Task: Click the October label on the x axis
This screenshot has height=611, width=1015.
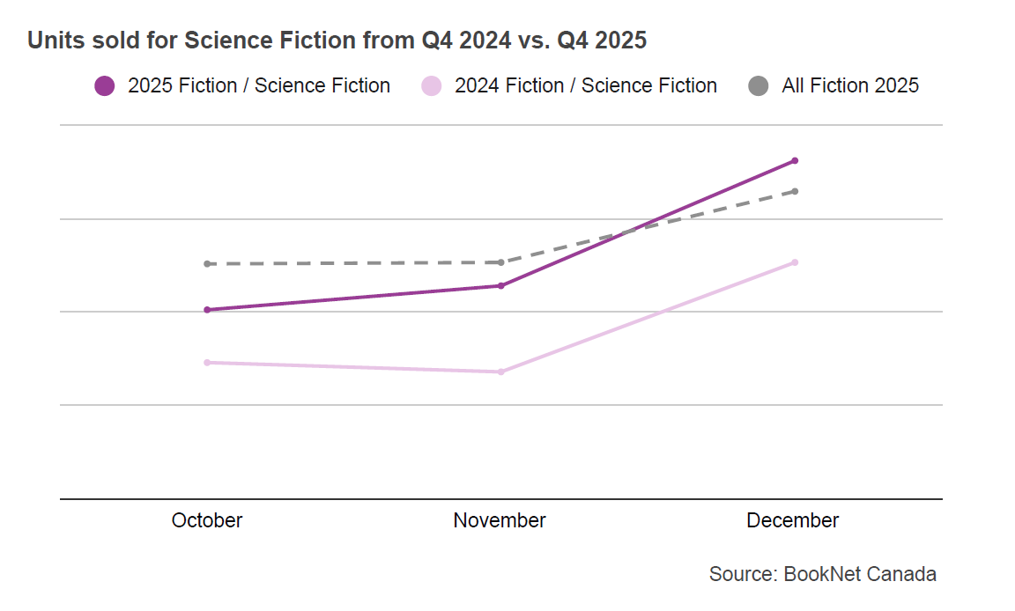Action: tap(207, 520)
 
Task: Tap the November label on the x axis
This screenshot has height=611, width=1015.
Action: tap(500, 520)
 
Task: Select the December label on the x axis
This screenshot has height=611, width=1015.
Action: tap(793, 520)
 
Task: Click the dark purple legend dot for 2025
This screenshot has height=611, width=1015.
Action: tap(105, 86)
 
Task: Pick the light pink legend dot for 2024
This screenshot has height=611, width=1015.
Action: tap(432, 86)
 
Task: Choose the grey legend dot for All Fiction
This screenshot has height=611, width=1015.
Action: tap(759, 86)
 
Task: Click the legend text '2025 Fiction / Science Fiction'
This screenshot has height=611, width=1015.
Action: tap(259, 85)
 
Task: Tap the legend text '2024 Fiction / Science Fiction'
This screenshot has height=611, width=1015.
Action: tap(586, 85)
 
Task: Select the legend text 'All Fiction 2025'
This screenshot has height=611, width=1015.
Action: tap(850, 85)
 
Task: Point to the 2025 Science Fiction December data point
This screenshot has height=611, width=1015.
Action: tap(795, 160)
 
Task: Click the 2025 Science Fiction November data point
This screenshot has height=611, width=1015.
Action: tap(500, 285)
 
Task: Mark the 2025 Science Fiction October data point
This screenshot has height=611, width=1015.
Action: tap(207, 310)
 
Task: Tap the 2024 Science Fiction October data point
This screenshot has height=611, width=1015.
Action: tap(207, 362)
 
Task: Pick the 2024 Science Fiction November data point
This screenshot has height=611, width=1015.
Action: tap(500, 372)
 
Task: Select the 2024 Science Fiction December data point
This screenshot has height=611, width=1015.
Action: tap(795, 262)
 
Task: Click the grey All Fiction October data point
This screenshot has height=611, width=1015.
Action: tap(207, 264)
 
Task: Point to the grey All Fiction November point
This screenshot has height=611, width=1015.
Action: tap(500, 262)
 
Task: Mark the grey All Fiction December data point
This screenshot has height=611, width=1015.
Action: tap(795, 191)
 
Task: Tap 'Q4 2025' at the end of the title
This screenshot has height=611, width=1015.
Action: tap(602, 40)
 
